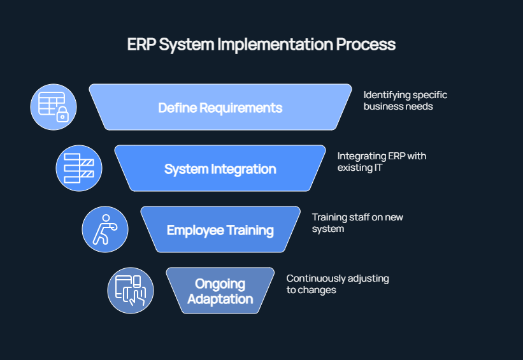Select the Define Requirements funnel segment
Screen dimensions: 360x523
pyautogui.click(x=220, y=108)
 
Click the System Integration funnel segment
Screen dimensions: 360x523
pyautogui.click(x=220, y=169)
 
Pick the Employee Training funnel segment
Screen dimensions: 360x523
pyautogui.click(x=220, y=230)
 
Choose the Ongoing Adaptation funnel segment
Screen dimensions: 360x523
pyautogui.click(x=220, y=291)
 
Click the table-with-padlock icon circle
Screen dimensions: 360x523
pyautogui.click(x=54, y=107)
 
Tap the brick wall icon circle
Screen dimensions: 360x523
pyautogui.click(x=79, y=168)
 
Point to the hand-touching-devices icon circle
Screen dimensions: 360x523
pyautogui.click(x=131, y=291)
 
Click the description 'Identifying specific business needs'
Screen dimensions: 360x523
pyautogui.click(x=405, y=101)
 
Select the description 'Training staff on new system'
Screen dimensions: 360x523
pyautogui.click(x=357, y=223)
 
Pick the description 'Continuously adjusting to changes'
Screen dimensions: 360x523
pyautogui.click(x=337, y=284)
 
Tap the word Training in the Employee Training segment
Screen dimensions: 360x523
pyautogui.click(x=247, y=230)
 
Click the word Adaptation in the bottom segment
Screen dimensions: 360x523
pyautogui.click(x=220, y=299)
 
